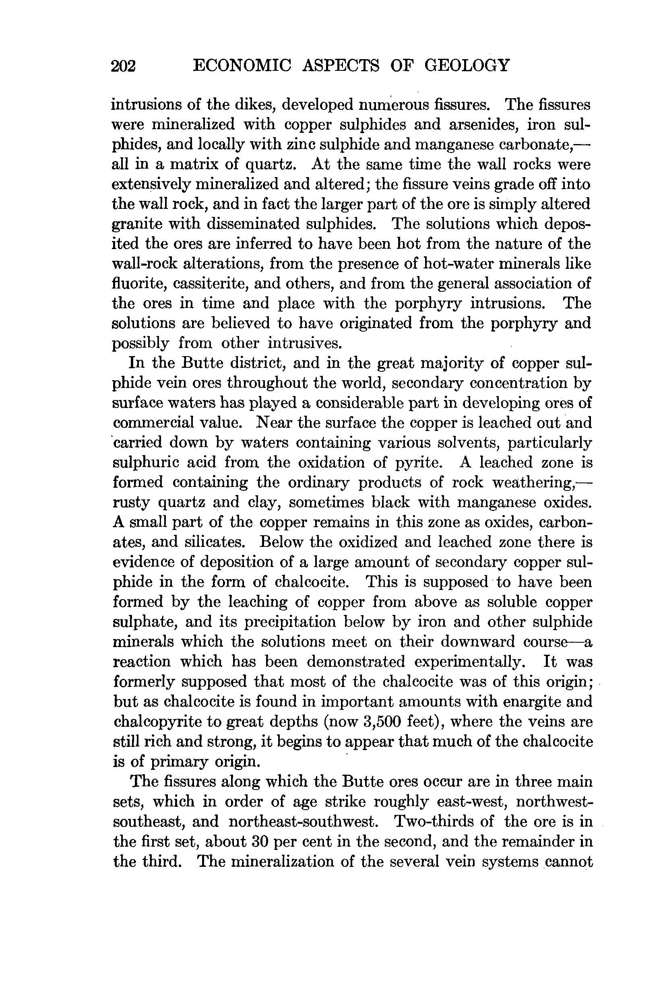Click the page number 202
(123, 66)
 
